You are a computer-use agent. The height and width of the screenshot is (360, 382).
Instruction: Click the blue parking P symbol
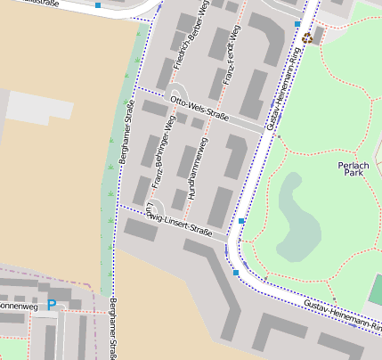coord(51,305)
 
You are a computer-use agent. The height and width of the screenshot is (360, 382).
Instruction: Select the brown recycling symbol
coord(307,37)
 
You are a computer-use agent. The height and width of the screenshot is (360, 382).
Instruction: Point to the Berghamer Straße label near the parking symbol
coord(113,329)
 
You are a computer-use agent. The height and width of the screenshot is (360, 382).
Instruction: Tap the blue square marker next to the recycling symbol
coord(297,23)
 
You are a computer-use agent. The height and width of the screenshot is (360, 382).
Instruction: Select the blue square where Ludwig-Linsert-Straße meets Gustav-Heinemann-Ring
coord(241,220)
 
